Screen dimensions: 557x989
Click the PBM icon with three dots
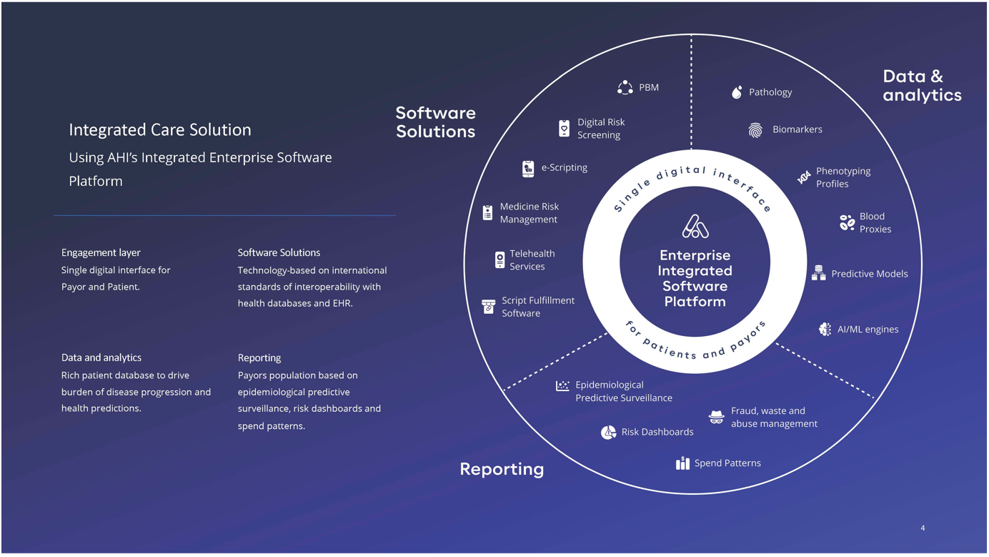[625, 87]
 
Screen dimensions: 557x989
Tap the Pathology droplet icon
[737, 92]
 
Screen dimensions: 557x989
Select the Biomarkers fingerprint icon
[755, 129]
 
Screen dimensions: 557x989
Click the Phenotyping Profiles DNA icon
[804, 177]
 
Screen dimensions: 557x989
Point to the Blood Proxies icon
[847, 222]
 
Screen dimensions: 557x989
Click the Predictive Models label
[869, 274]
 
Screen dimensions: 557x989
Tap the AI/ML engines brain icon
[825, 329]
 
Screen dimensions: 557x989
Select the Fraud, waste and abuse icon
[716, 417]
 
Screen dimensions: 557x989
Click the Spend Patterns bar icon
[682, 463]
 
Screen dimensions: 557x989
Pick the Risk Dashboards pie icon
[608, 432]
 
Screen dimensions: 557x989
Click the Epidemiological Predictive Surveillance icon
[562, 386]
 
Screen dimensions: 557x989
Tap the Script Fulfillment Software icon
[489, 307]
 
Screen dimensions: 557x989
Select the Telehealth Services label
[532, 260]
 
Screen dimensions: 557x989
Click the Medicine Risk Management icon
[487, 212]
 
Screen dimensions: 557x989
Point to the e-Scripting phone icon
[528, 168]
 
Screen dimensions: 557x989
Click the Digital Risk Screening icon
[564, 128]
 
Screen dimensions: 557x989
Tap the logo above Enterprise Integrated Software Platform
[695, 227]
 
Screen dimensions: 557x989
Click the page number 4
[923, 528]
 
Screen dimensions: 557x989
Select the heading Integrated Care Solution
[160, 129]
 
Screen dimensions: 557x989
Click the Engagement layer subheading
[101, 252]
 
